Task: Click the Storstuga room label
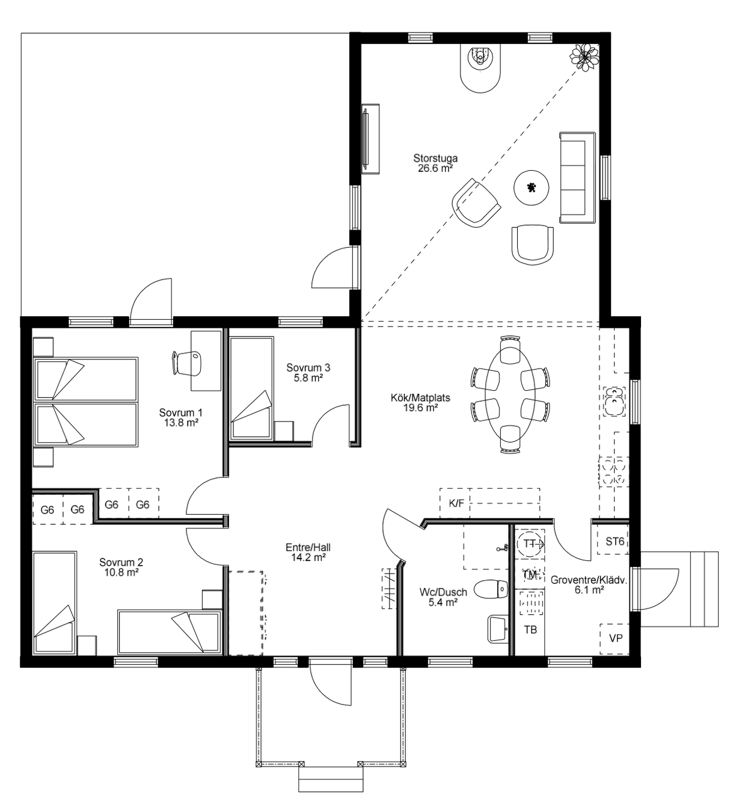click(x=435, y=158)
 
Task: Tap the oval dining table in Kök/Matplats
click(x=509, y=394)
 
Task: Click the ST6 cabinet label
click(x=615, y=541)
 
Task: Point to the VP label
click(x=616, y=638)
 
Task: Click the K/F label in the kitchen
click(x=456, y=503)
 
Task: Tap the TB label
click(x=530, y=629)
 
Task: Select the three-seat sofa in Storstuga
click(x=577, y=177)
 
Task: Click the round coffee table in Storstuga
click(x=532, y=188)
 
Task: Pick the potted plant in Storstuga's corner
click(x=584, y=58)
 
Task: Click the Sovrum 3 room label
click(x=308, y=367)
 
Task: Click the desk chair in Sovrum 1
click(x=186, y=363)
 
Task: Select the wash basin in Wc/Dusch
click(x=498, y=629)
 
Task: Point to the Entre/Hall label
click(x=308, y=548)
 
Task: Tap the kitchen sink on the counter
click(x=615, y=401)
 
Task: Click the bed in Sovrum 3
click(x=252, y=388)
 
